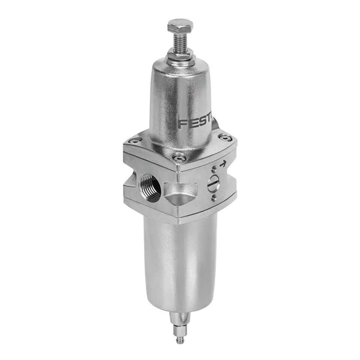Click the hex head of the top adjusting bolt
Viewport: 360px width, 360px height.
pyautogui.click(x=180, y=26)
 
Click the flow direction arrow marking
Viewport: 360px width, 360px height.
pyautogui.click(x=223, y=165)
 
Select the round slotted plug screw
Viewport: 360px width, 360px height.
pyautogui.click(x=214, y=184)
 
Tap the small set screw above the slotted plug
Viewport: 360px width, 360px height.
pyautogui.click(x=214, y=170)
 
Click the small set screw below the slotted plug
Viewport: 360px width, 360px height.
pyautogui.click(x=214, y=198)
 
